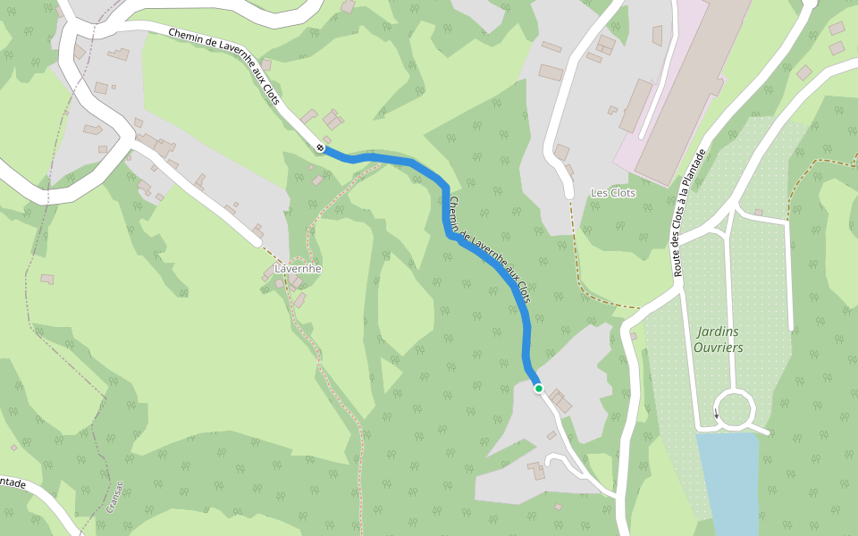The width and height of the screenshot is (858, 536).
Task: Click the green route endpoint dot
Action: [x=539, y=389]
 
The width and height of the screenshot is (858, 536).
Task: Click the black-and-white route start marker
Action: [x=320, y=147]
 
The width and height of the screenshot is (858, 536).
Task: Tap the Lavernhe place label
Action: [x=298, y=268]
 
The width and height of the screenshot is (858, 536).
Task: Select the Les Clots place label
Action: [x=613, y=193]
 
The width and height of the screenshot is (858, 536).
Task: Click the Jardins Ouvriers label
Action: [x=718, y=339]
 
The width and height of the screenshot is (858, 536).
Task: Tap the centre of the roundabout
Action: [x=735, y=410]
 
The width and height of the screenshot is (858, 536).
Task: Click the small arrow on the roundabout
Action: [x=716, y=413]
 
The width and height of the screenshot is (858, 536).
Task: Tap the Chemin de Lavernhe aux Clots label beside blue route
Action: [x=491, y=250]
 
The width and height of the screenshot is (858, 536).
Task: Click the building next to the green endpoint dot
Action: [x=561, y=402]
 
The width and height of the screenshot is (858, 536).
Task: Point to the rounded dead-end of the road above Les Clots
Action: [x=568, y=192]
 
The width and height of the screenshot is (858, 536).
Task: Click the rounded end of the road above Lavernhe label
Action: [x=257, y=240]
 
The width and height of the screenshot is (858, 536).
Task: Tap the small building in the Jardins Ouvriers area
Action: [x=758, y=212]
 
